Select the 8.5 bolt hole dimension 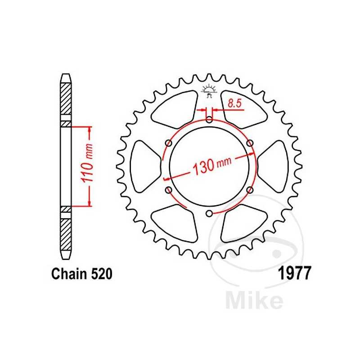[x=234, y=103]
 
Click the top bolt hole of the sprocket [x=210, y=120]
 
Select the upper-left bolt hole [x=169, y=143]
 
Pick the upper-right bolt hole [x=250, y=143]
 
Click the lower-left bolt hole [x=169, y=190]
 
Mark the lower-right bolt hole [x=250, y=190]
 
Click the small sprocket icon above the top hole [x=210, y=90]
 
